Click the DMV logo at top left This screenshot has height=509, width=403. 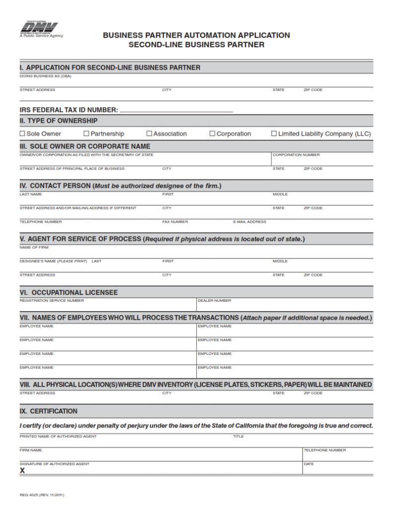click(x=39, y=28)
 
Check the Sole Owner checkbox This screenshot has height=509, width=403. click(x=22, y=134)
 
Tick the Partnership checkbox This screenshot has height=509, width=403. click(x=86, y=134)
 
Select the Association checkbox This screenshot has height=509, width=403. click(x=149, y=134)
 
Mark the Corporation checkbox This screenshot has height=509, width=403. click(x=212, y=134)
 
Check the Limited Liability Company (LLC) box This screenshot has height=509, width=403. click(x=274, y=134)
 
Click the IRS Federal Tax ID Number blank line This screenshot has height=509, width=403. click(x=176, y=110)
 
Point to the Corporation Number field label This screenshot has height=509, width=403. click(x=296, y=155)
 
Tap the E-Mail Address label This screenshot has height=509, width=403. click(x=249, y=222)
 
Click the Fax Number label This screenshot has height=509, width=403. click(x=175, y=222)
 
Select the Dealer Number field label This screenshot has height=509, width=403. click(x=214, y=300)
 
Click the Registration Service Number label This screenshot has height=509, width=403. click(x=52, y=300)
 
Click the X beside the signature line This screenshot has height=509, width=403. click(x=22, y=470)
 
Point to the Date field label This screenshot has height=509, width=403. click(x=309, y=464)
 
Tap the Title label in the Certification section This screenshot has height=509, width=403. click(x=239, y=436)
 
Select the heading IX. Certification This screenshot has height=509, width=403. click(x=49, y=411)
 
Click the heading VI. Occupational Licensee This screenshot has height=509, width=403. click(x=69, y=292)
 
